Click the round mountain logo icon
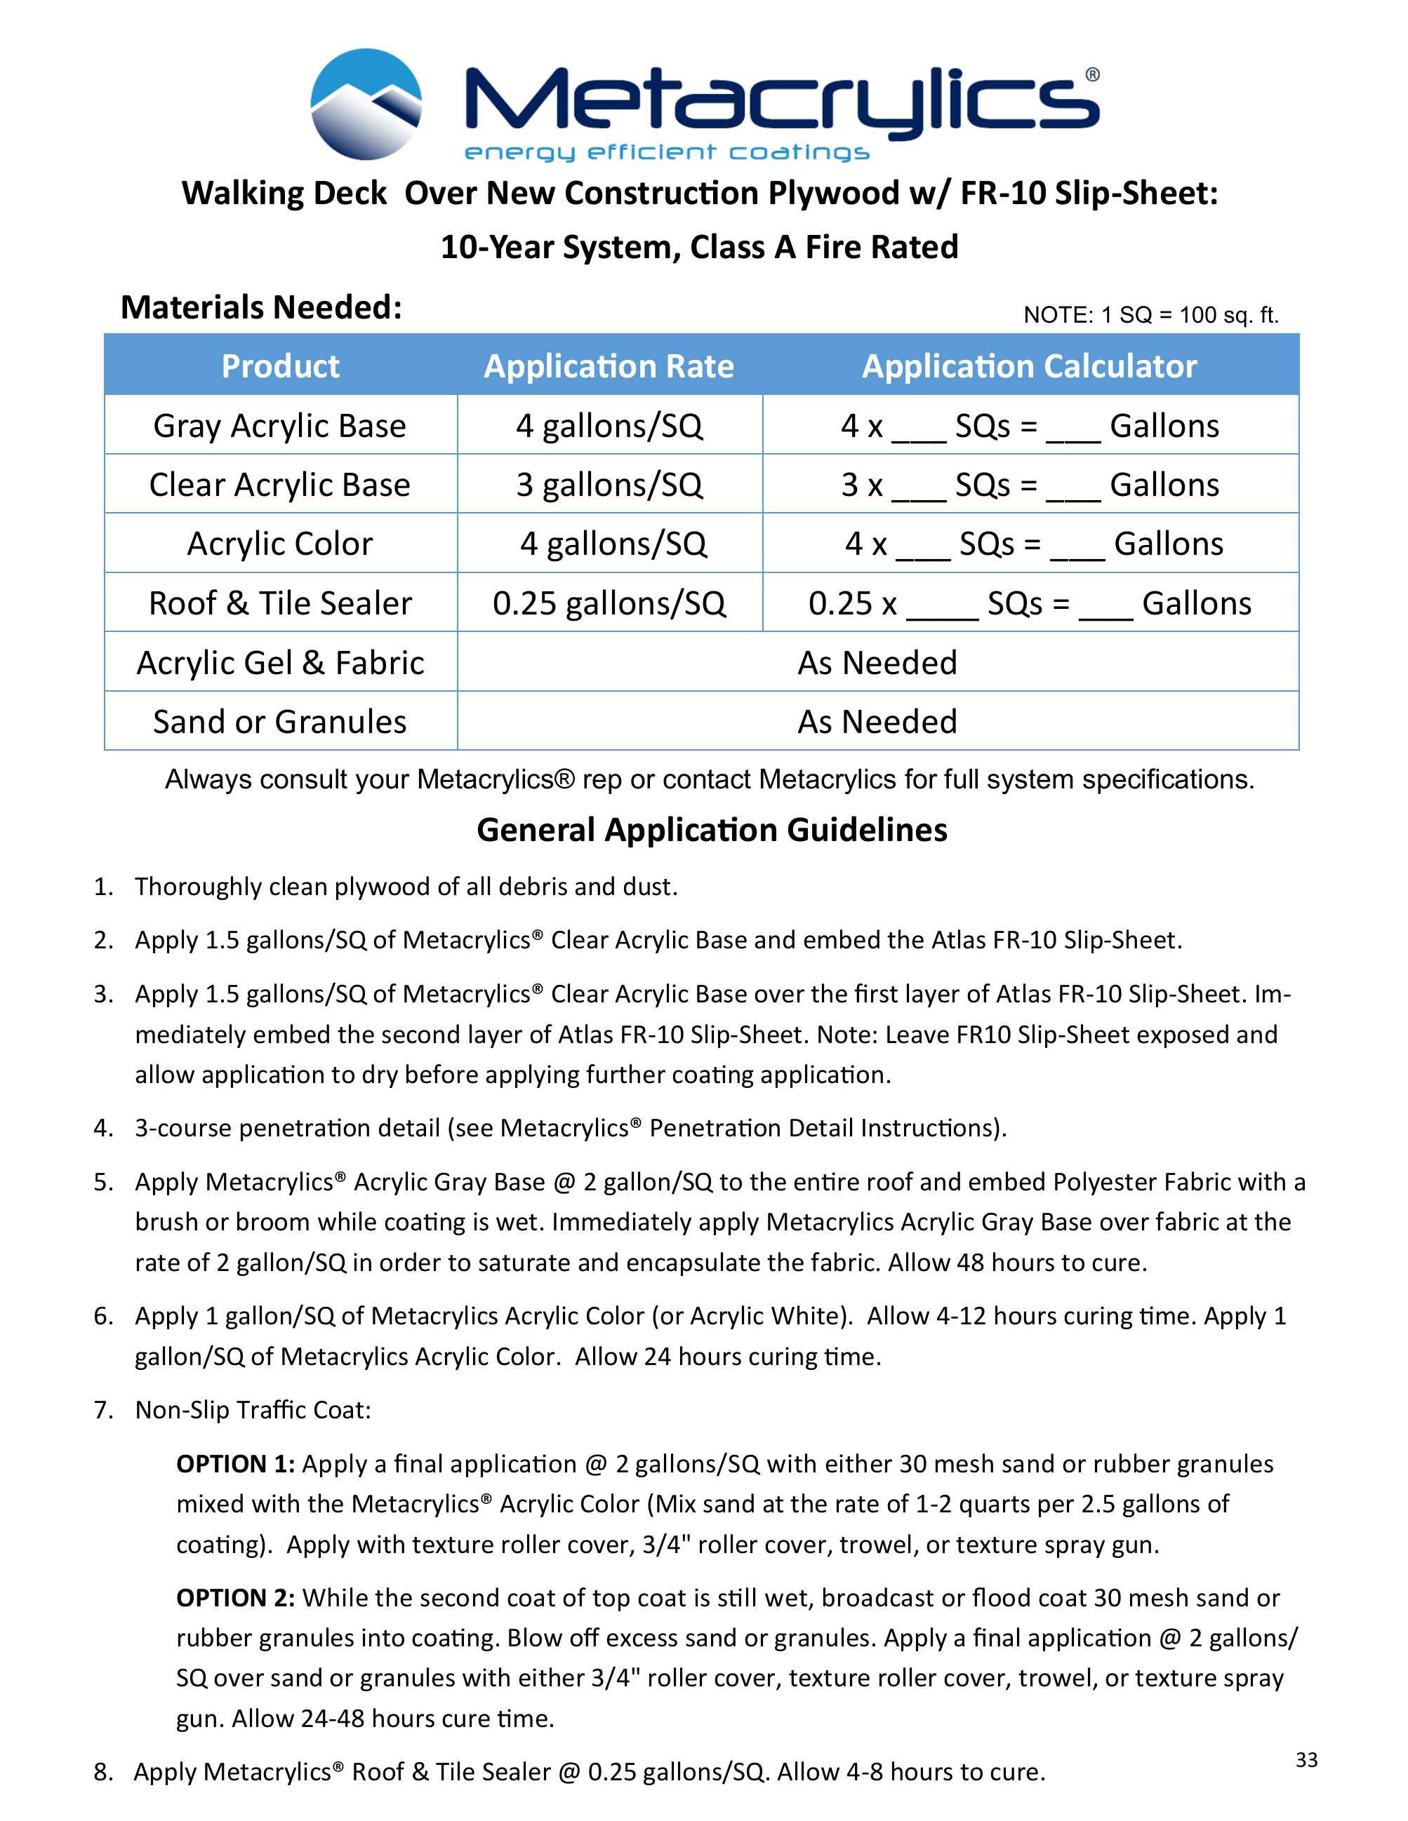click(366, 105)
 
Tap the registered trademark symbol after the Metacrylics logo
click(1092, 75)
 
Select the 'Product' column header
click(280, 366)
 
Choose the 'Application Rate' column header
click(609, 366)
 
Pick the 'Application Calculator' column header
click(1029, 366)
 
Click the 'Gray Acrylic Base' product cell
click(280, 426)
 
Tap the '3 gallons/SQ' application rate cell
click(609, 485)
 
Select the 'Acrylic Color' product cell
click(280, 544)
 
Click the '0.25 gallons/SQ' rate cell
click(609, 603)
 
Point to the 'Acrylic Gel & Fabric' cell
click(280, 663)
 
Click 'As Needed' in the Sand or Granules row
click(877, 721)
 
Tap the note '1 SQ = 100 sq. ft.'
click(1150, 315)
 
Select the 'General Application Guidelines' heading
click(712, 830)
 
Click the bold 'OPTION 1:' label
click(234, 1463)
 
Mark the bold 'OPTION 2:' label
click(234, 1597)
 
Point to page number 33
click(1306, 1759)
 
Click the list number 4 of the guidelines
click(102, 1128)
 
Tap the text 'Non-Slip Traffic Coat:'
click(253, 1409)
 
